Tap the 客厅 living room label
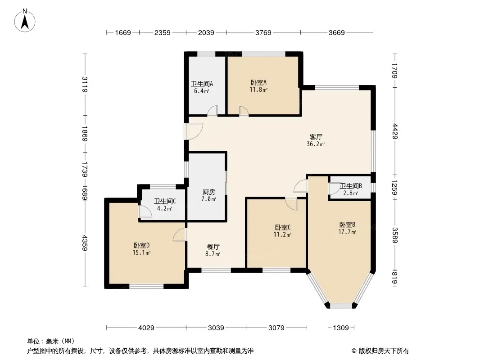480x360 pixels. pos(316,140)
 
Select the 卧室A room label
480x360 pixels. pos(258,86)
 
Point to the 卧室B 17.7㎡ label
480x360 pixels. pos(347,228)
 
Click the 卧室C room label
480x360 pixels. pos(282,231)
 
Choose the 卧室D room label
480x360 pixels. pos(141,249)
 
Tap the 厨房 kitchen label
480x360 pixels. pos(209,195)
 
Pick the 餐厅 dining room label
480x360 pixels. pos(213,250)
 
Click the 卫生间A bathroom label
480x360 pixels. pos(202,87)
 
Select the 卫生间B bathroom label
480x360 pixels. pos(350,189)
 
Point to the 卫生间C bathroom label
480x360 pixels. pos(165,205)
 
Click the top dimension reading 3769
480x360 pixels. pos(263,32)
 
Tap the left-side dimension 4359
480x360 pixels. pos(85,243)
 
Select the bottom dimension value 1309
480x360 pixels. pos(341,328)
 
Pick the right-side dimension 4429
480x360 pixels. pos(395,131)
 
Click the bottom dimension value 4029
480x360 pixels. pos(146,328)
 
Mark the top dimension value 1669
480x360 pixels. pos(123,32)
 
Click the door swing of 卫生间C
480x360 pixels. pos(145,211)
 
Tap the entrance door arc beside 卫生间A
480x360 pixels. pos(194,131)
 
